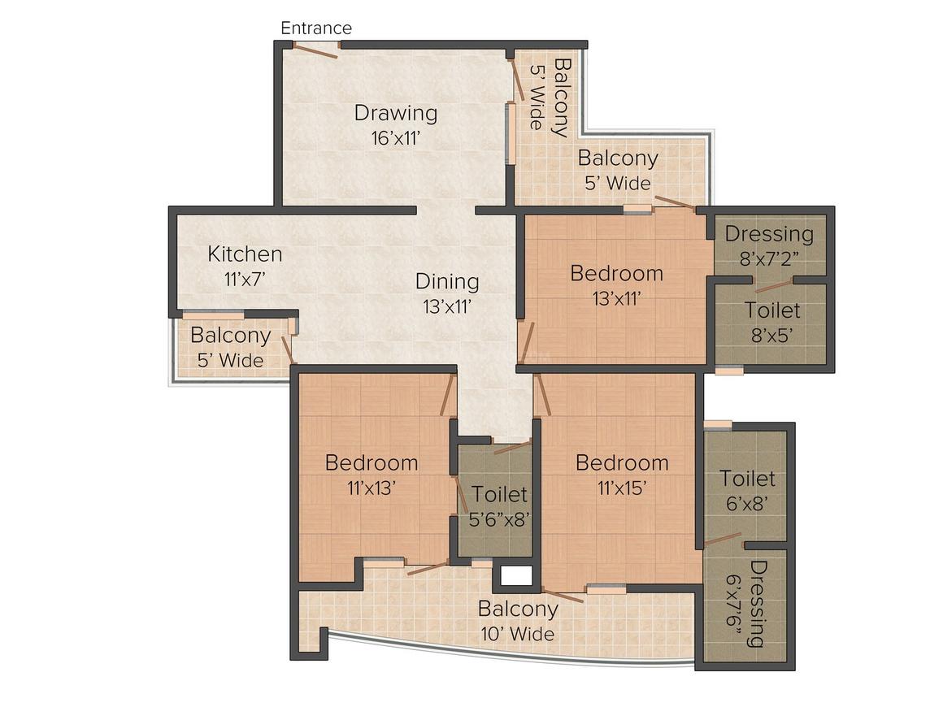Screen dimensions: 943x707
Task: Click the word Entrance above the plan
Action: (x=316, y=28)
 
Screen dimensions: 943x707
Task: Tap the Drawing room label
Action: (x=395, y=113)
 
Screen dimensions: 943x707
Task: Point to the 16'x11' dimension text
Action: (x=395, y=138)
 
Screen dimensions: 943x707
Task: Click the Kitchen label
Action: (x=245, y=254)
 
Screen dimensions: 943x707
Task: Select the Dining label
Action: (x=447, y=282)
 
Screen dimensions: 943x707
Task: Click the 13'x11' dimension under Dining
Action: (x=447, y=306)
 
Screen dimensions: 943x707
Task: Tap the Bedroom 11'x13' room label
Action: (x=371, y=475)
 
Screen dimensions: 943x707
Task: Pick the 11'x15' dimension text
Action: (x=622, y=488)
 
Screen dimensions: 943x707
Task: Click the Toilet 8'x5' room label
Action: (x=772, y=323)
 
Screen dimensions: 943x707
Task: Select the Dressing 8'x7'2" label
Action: (x=769, y=245)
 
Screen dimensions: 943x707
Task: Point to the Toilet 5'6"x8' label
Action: (x=500, y=505)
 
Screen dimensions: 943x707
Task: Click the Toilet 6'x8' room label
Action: (x=748, y=491)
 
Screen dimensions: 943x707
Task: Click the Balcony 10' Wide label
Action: (x=518, y=621)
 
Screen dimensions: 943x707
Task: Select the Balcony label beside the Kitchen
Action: (x=231, y=348)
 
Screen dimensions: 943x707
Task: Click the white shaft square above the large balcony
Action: (x=516, y=576)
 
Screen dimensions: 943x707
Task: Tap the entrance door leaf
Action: (x=315, y=50)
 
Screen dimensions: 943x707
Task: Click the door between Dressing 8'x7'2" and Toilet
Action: (x=773, y=285)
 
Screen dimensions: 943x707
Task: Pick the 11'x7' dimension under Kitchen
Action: (x=245, y=279)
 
